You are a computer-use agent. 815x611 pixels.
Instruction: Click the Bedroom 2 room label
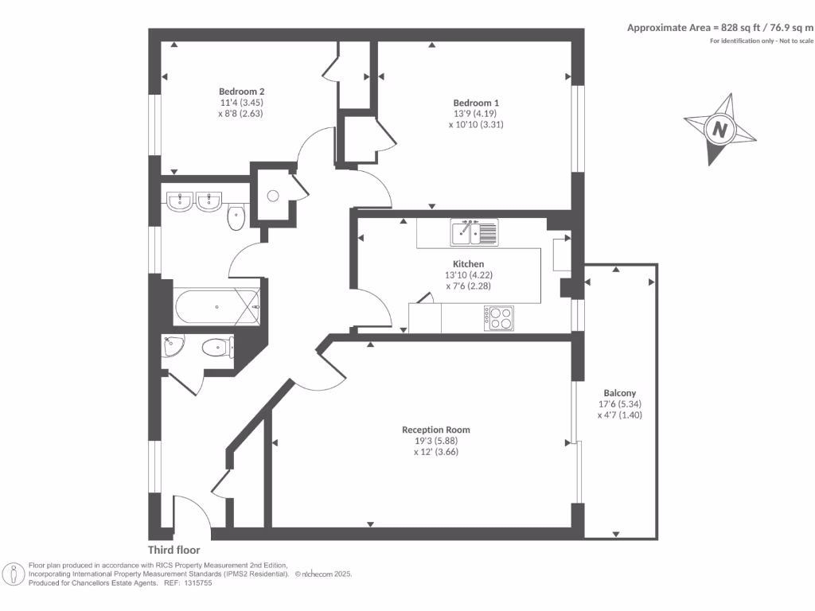tap(241, 91)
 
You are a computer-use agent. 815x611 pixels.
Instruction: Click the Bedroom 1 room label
tap(476, 103)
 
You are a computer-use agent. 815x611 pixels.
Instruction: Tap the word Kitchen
tap(468, 264)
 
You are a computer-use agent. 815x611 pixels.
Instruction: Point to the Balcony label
tap(619, 393)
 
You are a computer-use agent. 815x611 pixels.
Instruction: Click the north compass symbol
tap(719, 130)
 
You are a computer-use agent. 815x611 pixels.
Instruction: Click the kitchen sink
tap(474, 232)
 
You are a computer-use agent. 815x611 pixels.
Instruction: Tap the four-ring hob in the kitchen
tap(498, 318)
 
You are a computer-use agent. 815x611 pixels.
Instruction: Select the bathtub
tap(217, 307)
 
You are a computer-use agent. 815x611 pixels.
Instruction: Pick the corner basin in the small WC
tap(173, 347)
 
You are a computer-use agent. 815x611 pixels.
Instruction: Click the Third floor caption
tap(174, 550)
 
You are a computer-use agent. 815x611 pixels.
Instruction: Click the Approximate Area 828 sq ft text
tap(719, 27)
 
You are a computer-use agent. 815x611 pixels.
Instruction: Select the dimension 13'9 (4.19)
tap(476, 114)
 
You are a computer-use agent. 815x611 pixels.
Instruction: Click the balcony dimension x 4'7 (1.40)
tap(619, 414)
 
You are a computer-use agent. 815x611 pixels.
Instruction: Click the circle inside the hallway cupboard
tap(272, 196)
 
